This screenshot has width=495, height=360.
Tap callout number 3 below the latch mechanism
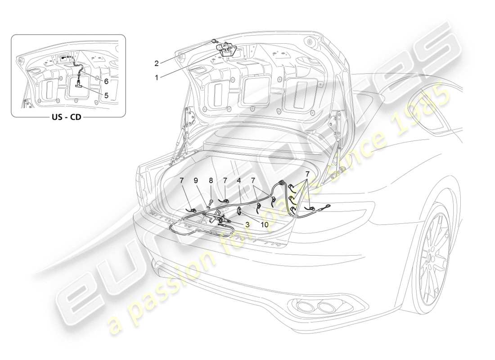pyautogui.click(x=247, y=224)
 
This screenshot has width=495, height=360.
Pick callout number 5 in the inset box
pyautogui.click(x=106, y=95)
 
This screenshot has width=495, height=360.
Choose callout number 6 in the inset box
pyautogui.click(x=106, y=81)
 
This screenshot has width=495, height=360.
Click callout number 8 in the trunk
pyautogui.click(x=211, y=181)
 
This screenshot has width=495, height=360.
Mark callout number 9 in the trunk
pyautogui.click(x=196, y=181)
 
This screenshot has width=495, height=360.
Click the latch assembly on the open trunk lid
pyautogui.click(x=227, y=49)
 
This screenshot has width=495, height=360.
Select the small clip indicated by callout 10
pyautogui.click(x=239, y=209)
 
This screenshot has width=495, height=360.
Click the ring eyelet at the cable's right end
pyautogui.click(x=325, y=207)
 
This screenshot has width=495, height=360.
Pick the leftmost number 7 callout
pyautogui.click(x=181, y=181)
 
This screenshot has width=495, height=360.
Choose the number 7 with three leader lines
pyautogui.click(x=307, y=174)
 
